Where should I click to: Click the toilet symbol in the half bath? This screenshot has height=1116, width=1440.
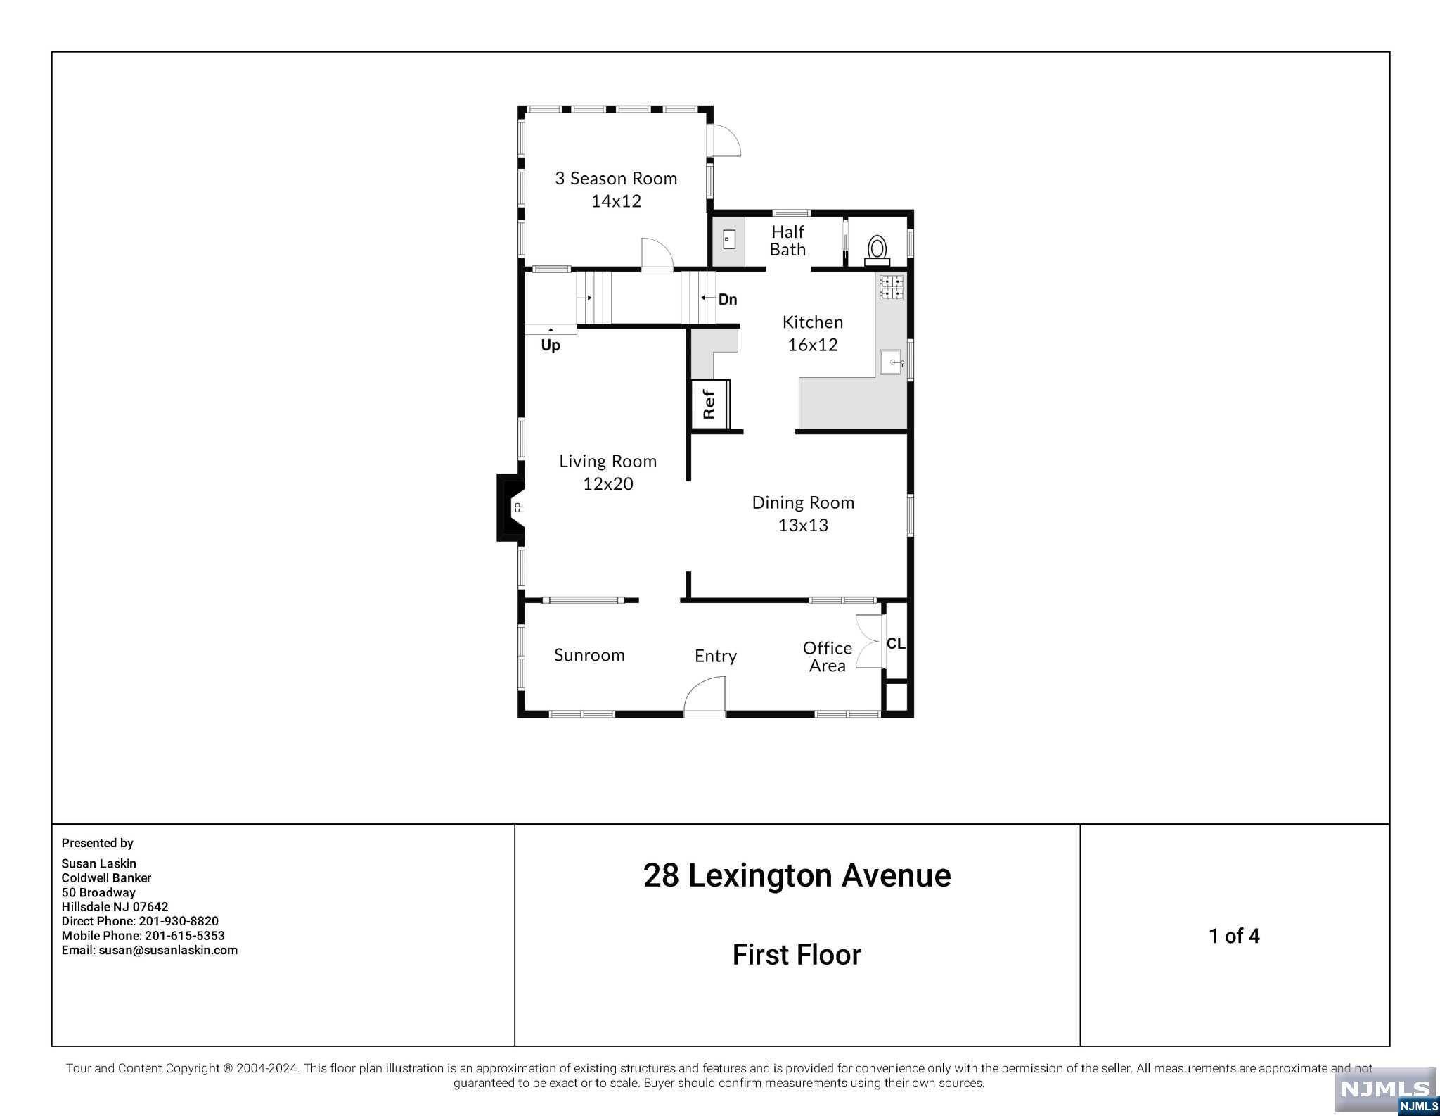tap(877, 251)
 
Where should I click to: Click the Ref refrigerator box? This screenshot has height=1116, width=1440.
tap(709, 404)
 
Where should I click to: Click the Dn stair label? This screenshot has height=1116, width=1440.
tap(728, 300)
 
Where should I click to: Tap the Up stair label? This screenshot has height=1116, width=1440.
tap(551, 345)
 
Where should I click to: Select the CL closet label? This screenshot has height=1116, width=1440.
tap(896, 643)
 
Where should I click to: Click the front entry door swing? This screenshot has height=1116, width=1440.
tap(705, 696)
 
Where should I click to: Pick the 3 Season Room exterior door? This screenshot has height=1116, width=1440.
tap(724, 141)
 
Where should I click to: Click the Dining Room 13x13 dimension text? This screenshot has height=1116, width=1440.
tap(803, 525)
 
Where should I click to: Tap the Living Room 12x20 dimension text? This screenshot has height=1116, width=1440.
tap(608, 483)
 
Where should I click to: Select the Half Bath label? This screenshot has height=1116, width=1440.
tap(787, 240)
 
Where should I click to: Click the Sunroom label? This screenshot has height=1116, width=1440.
tap(589, 655)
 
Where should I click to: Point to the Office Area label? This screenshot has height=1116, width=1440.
tap(828, 657)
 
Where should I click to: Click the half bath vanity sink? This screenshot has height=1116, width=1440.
tap(729, 239)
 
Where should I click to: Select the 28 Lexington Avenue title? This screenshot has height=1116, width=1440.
tap(797, 875)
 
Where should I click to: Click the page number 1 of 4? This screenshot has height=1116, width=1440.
tap(1234, 936)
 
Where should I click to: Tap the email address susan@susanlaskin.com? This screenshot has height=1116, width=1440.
tap(168, 950)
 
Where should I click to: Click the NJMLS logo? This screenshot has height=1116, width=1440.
tap(1385, 1091)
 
